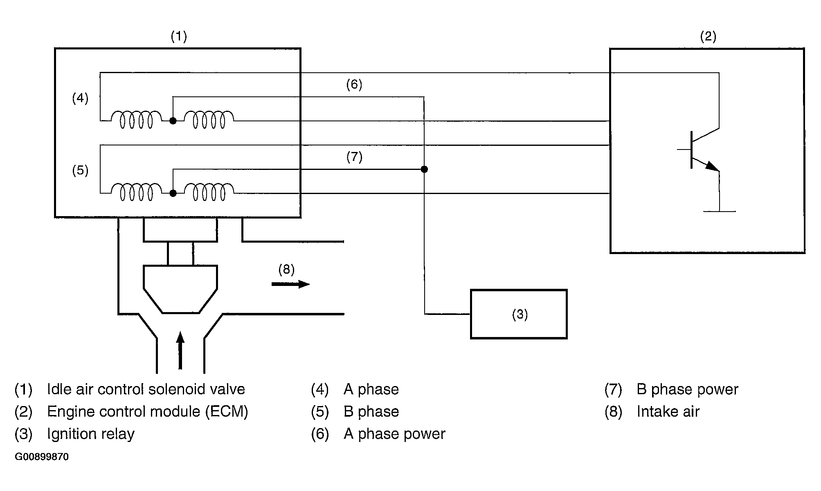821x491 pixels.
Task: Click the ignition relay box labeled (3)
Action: pos(519,314)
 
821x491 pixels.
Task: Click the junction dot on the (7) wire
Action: pos(424,169)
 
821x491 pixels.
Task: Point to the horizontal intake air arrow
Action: pos(290,284)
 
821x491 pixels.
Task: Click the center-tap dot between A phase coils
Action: pos(173,121)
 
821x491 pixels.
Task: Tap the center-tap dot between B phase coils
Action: pos(173,193)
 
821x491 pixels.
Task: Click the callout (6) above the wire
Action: pos(354,85)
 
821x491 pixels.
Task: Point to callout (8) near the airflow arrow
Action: pos(286,269)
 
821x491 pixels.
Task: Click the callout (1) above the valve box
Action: pos(179,37)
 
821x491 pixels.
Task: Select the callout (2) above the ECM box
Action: pos(708,37)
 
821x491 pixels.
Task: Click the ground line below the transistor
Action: pos(719,211)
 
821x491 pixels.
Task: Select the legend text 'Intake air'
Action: pos(668,411)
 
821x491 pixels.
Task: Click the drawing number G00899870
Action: pos(42,457)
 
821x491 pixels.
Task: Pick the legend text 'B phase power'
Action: pos(687,389)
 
